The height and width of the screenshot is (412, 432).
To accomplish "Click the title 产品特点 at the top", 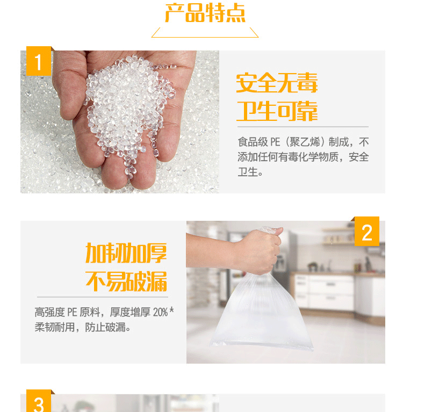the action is (205, 13).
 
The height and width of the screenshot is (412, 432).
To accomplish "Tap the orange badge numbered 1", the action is (39, 61).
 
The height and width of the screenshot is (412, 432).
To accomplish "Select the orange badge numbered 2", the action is (366, 232).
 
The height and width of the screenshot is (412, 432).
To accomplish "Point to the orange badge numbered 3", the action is (39, 401).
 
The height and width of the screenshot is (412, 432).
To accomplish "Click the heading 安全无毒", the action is (277, 83).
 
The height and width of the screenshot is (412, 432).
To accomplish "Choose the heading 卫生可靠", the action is (277, 111).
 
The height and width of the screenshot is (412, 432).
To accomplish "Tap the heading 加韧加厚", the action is (126, 253).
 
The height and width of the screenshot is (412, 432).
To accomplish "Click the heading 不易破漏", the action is (126, 281).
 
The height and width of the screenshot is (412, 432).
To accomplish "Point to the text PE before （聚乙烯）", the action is (275, 142).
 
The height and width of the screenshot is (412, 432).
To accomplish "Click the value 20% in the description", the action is (160, 312).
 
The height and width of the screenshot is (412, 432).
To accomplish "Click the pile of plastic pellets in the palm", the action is (129, 107).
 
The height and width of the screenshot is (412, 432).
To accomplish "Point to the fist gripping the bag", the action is (259, 251).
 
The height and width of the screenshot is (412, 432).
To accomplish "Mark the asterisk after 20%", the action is (171, 310).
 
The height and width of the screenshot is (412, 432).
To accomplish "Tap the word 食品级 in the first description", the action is (253, 142).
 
